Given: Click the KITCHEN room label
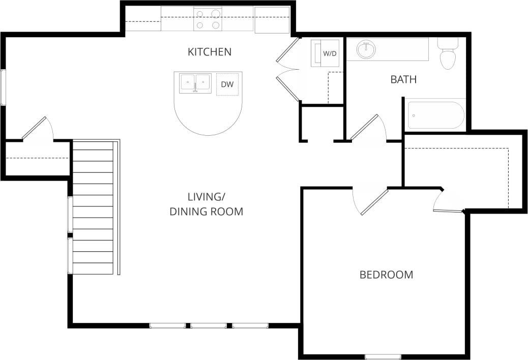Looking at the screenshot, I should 210,52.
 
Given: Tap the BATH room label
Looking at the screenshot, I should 403,79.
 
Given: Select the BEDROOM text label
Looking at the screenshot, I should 386,275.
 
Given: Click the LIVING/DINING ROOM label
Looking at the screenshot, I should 206,204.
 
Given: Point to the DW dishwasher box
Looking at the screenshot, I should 227,84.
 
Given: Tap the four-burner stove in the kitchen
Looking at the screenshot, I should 208,19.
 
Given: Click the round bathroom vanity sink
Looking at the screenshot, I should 366,50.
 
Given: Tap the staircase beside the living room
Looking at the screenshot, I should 93,207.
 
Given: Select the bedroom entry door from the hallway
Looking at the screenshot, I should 373,202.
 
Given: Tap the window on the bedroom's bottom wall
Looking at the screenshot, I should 383,356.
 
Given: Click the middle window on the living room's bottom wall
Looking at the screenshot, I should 209,325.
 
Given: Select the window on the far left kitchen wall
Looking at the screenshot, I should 3,87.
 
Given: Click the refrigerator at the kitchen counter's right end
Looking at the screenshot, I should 272,19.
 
